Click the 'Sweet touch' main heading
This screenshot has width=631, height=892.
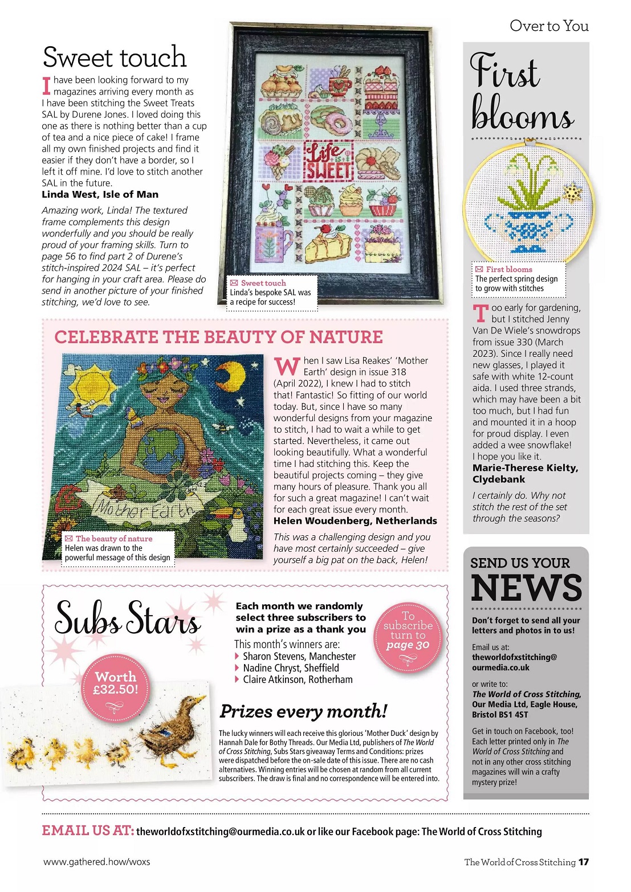point(115,58)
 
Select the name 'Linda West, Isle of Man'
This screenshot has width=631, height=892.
point(100,194)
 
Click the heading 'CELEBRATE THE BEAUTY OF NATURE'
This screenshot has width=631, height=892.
point(218,337)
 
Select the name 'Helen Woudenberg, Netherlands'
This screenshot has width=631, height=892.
point(355,521)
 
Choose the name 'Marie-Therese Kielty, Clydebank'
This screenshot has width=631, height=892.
point(525,474)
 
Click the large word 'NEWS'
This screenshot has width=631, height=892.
point(526,588)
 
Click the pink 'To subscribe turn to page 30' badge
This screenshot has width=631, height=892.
point(408,636)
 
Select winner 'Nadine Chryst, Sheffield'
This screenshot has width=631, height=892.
point(291,668)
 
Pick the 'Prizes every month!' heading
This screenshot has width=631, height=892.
point(303,711)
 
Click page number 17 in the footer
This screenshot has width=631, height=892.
point(583,862)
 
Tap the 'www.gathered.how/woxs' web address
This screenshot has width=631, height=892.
point(96,862)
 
